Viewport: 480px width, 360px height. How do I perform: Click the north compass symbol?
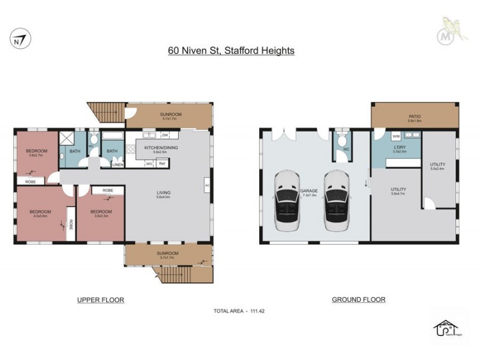(20, 40)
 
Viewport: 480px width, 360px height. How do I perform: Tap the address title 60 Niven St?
(231, 51)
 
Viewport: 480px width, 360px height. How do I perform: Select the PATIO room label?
(415, 117)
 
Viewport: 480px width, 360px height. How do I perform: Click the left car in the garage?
(286, 201)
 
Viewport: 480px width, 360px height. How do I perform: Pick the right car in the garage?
(336, 201)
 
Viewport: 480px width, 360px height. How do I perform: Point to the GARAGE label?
(309, 192)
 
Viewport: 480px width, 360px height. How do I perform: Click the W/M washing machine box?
(379, 136)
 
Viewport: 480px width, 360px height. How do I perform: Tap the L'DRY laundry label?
(398, 147)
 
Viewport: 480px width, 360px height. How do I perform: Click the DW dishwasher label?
(164, 136)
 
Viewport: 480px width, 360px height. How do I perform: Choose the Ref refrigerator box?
(161, 163)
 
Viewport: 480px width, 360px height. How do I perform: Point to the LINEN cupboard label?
(118, 164)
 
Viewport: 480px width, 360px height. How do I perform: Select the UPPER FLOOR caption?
(101, 299)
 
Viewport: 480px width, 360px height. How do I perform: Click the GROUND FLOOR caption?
(358, 299)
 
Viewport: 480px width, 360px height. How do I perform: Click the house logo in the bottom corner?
(446, 328)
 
